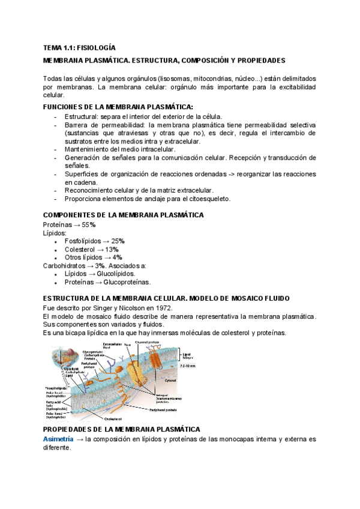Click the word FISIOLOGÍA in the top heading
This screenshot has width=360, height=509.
tap(97, 47)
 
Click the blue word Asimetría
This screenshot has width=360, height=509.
tap(58, 439)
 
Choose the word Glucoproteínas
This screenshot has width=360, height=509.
tap(127, 282)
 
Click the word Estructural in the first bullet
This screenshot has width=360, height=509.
tap(82, 116)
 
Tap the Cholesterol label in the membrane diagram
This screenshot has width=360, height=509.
tap(113, 418)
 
